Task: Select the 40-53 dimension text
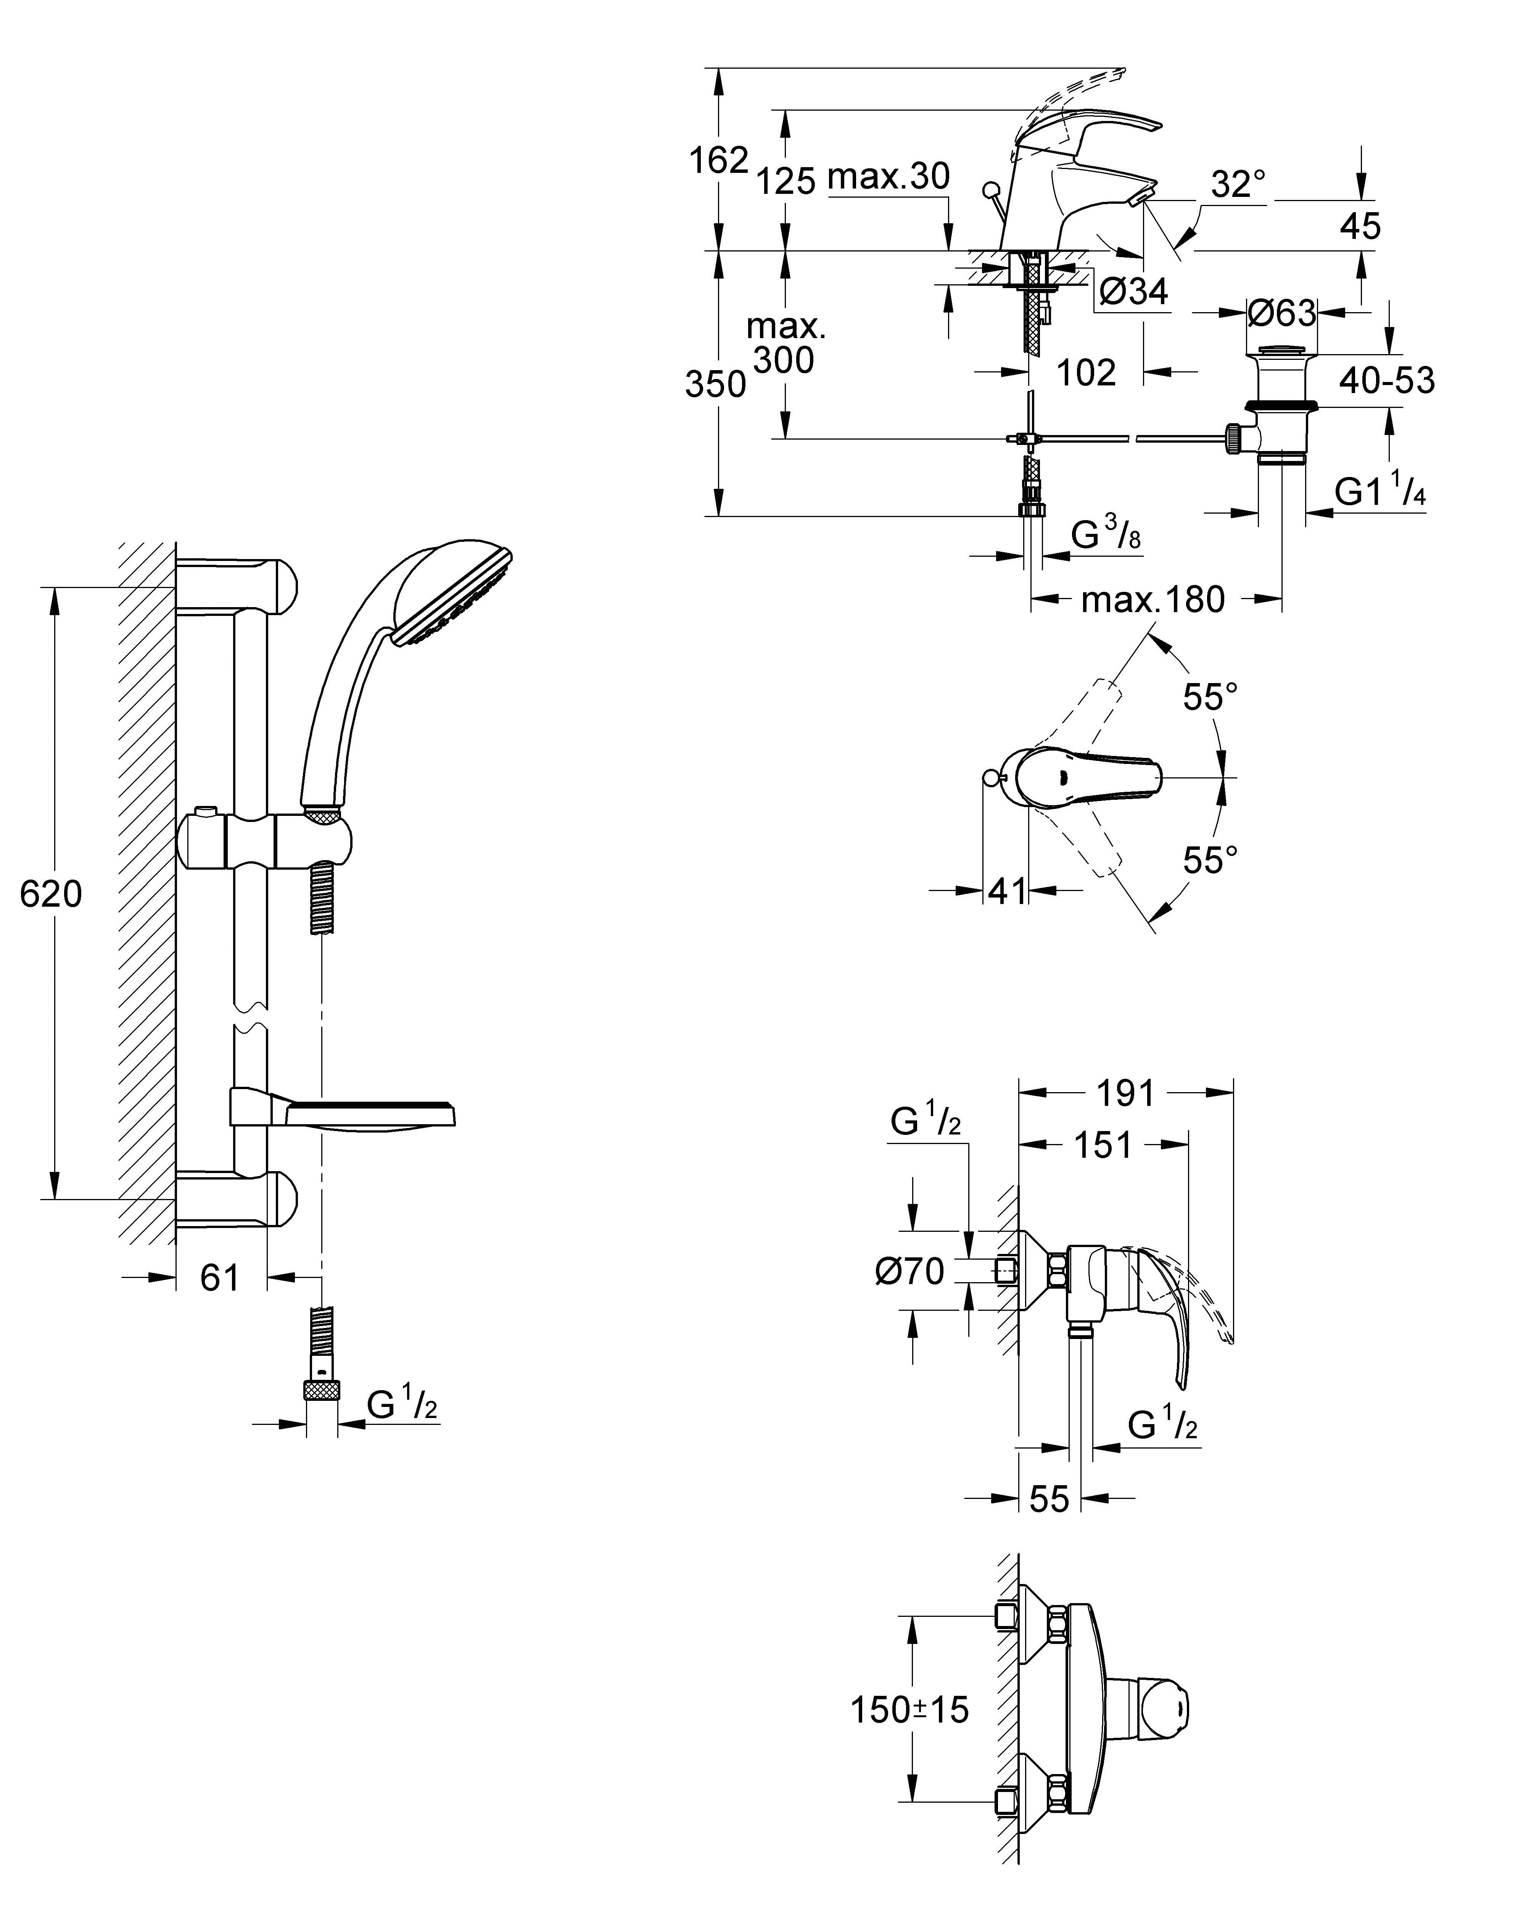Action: click(x=1386, y=380)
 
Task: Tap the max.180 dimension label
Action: click(x=1153, y=600)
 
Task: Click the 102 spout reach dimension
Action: click(x=1087, y=372)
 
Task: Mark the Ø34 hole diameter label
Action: click(x=1133, y=291)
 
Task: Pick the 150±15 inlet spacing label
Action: click(x=909, y=1710)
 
